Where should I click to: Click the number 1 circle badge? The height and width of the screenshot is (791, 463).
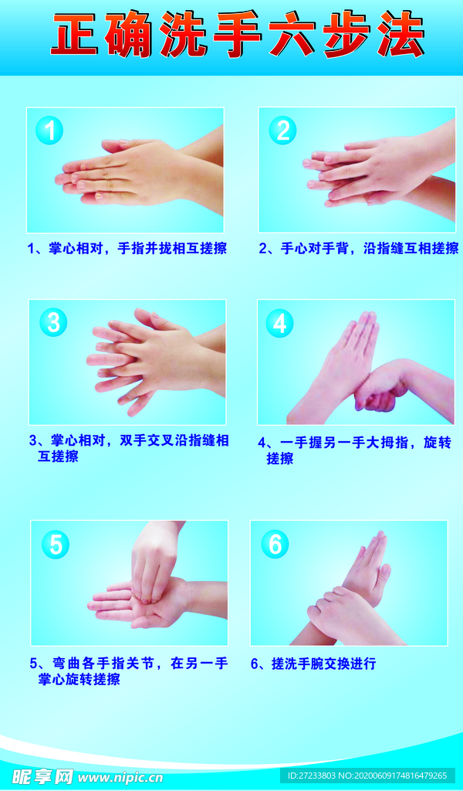tap(49, 131)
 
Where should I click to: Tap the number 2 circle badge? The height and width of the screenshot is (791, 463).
tap(282, 130)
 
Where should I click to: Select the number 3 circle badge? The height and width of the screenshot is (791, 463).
tap(53, 322)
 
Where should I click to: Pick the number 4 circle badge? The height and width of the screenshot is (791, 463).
tap(279, 324)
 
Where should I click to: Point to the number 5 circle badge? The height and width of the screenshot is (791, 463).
tap(56, 545)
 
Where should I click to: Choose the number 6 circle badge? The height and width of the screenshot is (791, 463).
tap(275, 544)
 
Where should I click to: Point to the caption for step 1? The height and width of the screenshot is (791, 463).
tap(127, 248)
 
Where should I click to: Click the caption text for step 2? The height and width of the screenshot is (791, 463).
tap(359, 248)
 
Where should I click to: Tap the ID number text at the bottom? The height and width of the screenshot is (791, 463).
tap(367, 776)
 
